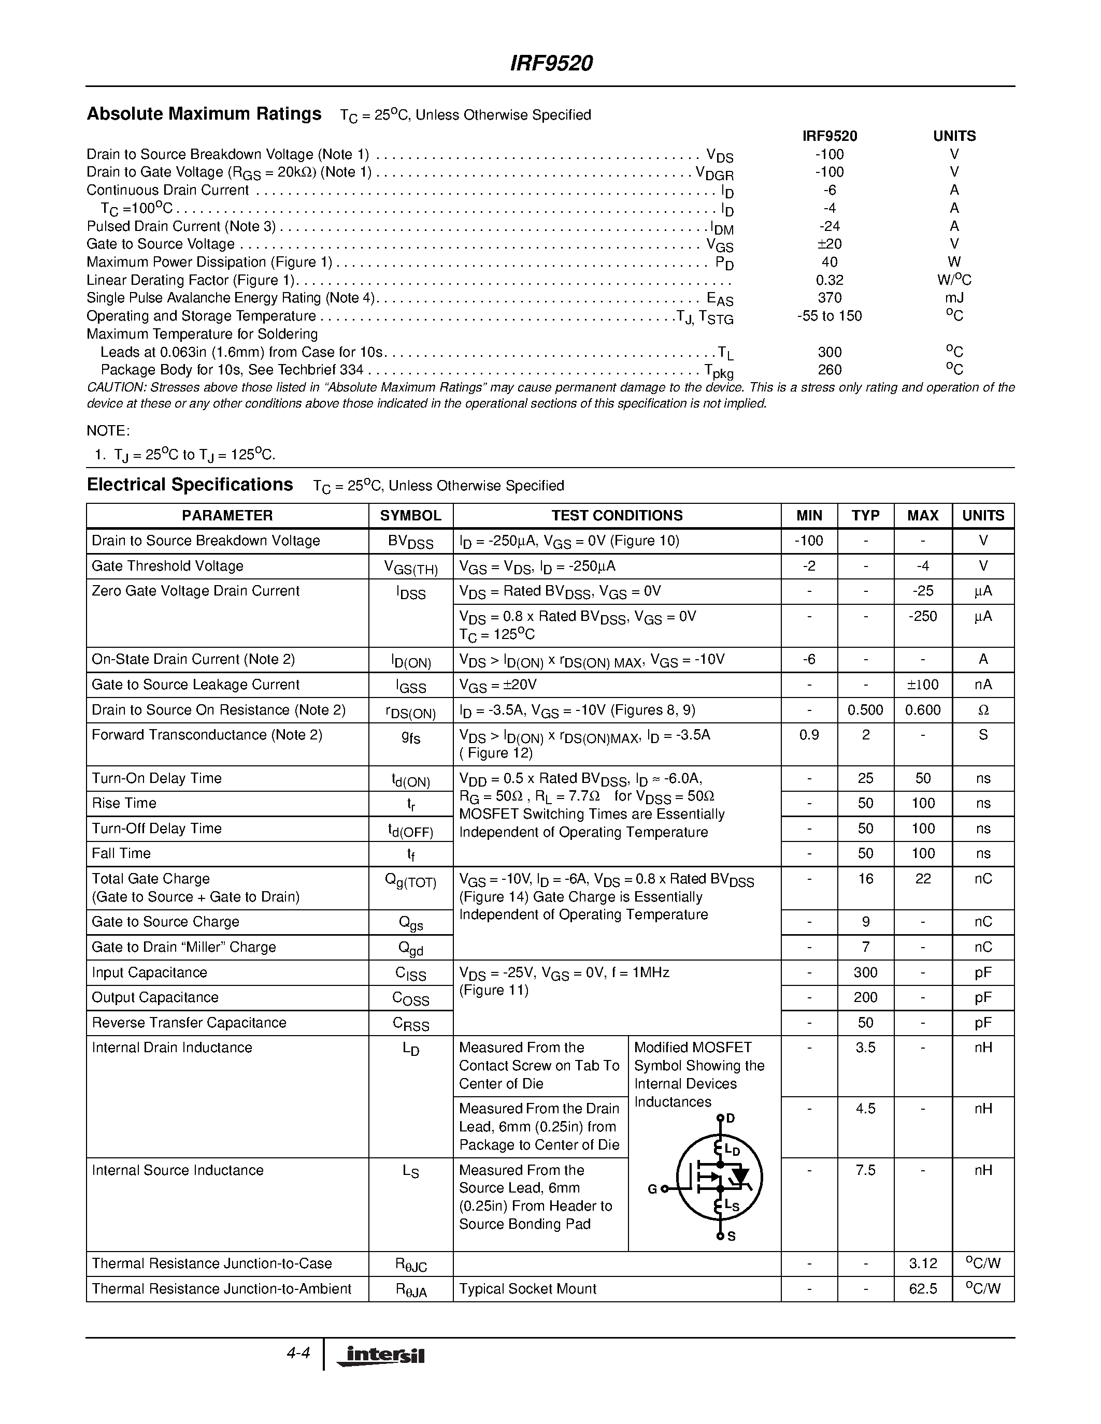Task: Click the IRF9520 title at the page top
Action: pyautogui.click(x=551, y=63)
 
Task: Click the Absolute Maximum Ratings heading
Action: pyautogui.click(x=204, y=114)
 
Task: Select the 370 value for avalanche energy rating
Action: pyautogui.click(x=829, y=298)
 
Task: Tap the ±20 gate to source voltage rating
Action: pyautogui.click(x=829, y=244)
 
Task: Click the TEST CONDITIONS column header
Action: pyautogui.click(x=617, y=516)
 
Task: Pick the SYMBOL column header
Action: pyautogui.click(x=410, y=516)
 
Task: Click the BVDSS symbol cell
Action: pyautogui.click(x=410, y=542)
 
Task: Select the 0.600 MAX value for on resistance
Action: pyautogui.click(x=922, y=710)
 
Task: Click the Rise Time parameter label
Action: pyautogui.click(x=124, y=803)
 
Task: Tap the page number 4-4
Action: pyautogui.click(x=298, y=1354)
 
